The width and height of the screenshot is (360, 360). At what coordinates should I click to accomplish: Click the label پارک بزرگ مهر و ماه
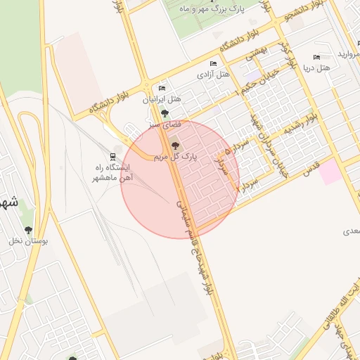click(210, 8)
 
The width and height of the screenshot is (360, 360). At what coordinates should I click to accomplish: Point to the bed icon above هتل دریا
click(316, 58)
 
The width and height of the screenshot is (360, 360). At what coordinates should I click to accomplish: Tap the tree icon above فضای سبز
click(165, 112)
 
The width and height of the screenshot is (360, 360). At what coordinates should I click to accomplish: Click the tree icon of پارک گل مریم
click(175, 146)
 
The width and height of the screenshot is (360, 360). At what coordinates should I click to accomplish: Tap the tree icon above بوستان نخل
click(28, 229)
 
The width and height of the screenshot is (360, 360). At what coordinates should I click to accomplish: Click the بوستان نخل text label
click(28, 241)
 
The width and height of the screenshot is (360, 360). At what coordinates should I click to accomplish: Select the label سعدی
click(351, 231)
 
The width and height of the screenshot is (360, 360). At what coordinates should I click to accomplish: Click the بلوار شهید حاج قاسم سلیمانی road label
click(196, 243)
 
